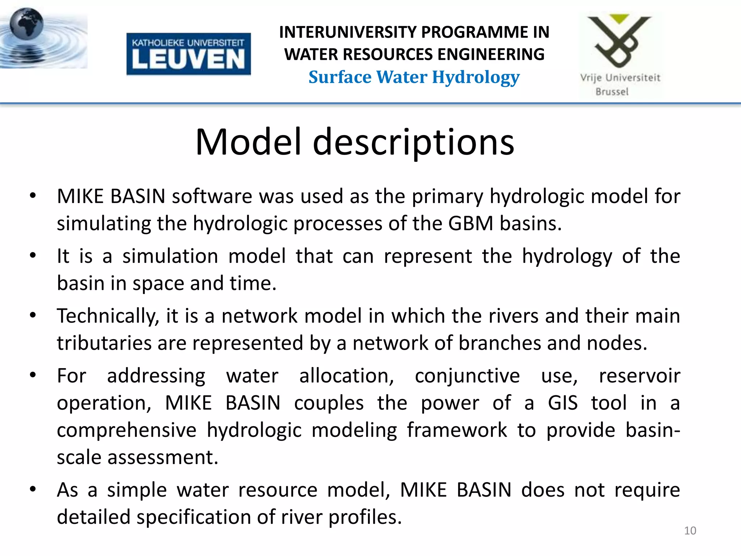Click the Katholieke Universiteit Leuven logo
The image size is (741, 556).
[189, 54]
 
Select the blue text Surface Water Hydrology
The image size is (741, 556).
[414, 77]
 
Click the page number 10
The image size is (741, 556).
[690, 531]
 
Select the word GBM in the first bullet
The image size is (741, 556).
[471, 223]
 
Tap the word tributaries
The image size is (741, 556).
[104, 343]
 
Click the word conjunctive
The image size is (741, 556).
[467, 376]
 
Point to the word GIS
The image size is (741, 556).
[563, 403]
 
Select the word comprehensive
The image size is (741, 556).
[127, 430]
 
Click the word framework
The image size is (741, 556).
[457, 430]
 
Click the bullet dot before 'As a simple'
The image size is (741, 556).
[33, 489]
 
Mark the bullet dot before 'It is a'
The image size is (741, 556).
[33, 256]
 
